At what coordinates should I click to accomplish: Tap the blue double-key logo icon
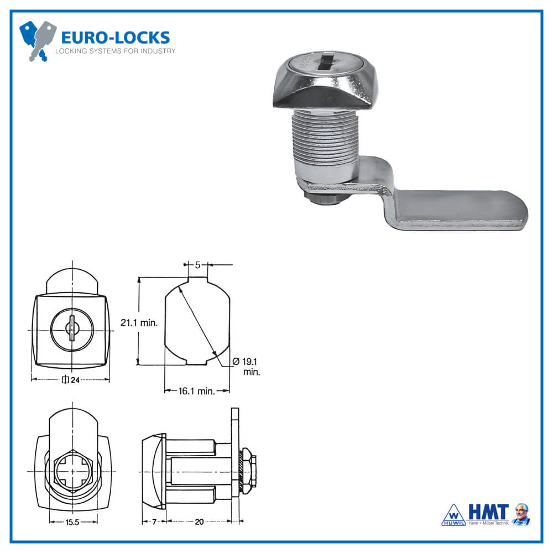click(38, 40)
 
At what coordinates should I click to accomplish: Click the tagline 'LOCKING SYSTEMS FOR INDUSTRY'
click(115, 51)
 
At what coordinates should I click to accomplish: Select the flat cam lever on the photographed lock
click(459, 210)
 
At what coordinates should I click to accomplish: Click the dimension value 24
click(75, 379)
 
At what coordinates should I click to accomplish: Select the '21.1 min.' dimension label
click(139, 323)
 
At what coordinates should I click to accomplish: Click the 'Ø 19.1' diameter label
click(247, 361)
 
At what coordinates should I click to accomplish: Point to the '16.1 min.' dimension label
click(197, 391)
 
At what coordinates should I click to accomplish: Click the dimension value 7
click(154, 521)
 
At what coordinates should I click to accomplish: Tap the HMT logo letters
click(488, 512)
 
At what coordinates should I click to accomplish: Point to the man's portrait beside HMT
click(520, 514)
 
